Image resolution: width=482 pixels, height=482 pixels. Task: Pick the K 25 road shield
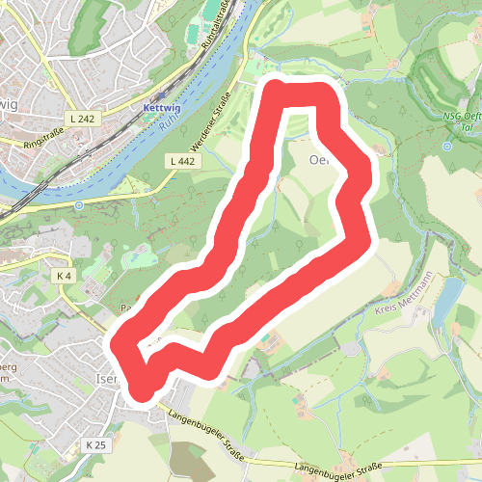coord(95,445)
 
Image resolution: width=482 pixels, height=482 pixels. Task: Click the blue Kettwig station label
coord(162,109)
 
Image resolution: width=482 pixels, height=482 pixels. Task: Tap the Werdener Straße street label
coord(212,120)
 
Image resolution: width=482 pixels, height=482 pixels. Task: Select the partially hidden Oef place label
coord(319,159)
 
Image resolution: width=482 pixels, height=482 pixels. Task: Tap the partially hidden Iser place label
coord(106,378)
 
